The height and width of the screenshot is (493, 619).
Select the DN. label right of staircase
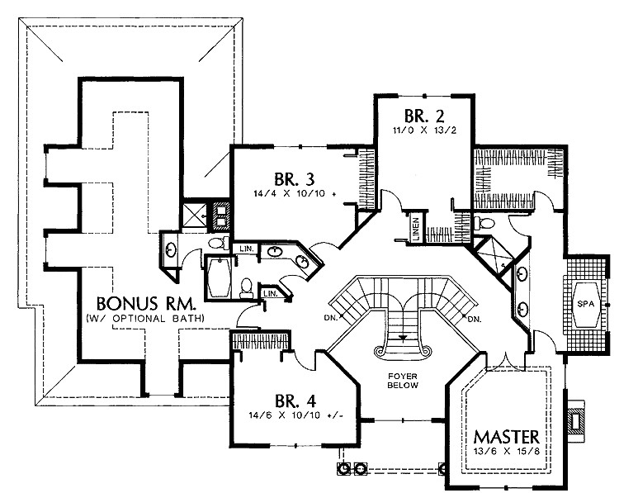click(x=474, y=319)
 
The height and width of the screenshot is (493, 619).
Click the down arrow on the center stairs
click(x=403, y=337)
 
